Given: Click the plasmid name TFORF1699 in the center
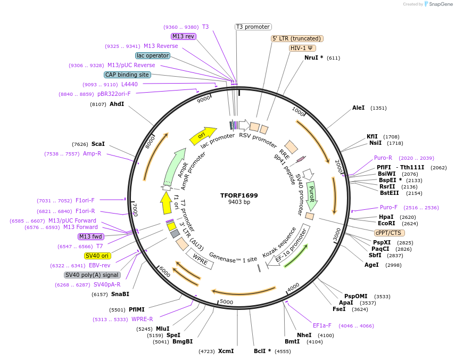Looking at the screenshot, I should [x=239, y=195].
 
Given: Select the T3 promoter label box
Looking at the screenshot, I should [x=253, y=27].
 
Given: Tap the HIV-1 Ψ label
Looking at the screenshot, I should [x=302, y=48].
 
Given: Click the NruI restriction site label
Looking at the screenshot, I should [x=313, y=58].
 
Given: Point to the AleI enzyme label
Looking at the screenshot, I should [x=358, y=108].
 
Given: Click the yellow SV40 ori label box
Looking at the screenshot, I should [x=97, y=256].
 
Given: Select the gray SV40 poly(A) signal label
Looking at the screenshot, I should [x=92, y=275].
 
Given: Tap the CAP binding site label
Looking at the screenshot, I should [x=127, y=75].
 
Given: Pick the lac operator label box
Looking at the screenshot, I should [x=152, y=55].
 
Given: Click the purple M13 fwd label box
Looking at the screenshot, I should [x=91, y=236].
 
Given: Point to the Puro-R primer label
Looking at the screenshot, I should [x=383, y=158].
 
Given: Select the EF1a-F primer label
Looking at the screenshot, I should [x=322, y=325].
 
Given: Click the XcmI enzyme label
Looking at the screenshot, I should [x=226, y=351].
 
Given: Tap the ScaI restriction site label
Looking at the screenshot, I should [x=98, y=144].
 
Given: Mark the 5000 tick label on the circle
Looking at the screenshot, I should [x=227, y=302].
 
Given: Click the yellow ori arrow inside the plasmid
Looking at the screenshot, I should [x=202, y=136].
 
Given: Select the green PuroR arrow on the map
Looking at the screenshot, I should [x=311, y=195].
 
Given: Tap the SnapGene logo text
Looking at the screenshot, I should [x=438, y=4].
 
